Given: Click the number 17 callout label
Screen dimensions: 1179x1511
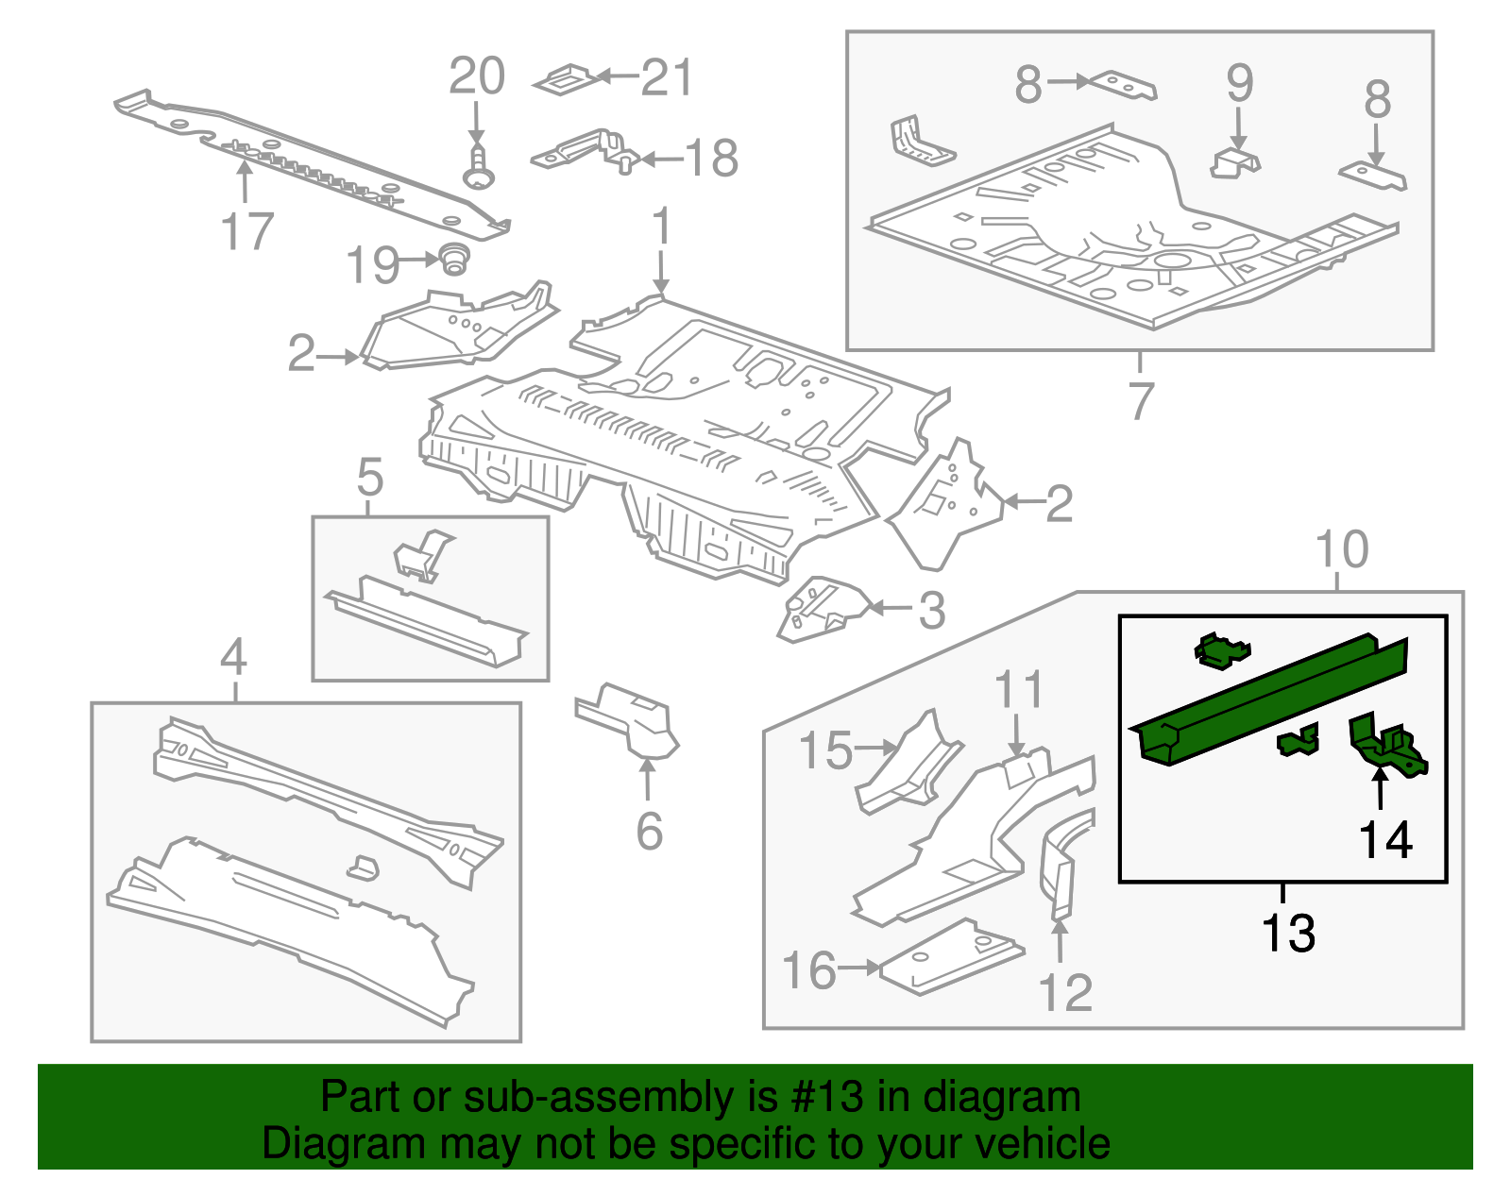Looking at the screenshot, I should [246, 231].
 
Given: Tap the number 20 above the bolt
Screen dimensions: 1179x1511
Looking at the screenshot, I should [477, 76].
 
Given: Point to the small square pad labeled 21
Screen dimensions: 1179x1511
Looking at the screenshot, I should [565, 80].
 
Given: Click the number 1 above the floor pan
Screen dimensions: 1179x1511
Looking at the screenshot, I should [661, 227].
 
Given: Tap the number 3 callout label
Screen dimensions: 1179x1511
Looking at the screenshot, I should [932, 611].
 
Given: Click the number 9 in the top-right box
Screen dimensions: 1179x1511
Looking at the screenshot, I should [1239, 84].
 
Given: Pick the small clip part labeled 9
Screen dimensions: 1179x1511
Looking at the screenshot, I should [1235, 162].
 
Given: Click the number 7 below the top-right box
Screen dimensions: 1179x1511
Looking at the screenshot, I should [1141, 400].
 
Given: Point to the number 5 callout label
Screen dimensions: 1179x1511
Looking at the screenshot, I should [370, 478].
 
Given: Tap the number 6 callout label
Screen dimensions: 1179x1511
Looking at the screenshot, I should [649, 831].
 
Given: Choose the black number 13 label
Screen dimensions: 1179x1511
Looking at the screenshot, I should [1288, 933].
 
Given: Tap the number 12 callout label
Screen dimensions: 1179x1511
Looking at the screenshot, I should [1065, 992].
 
